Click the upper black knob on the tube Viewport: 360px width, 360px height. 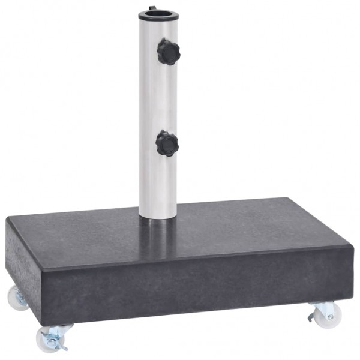coord(168,52)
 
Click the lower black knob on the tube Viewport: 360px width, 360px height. coord(167,143)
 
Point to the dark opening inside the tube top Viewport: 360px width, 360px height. coord(157,13)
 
